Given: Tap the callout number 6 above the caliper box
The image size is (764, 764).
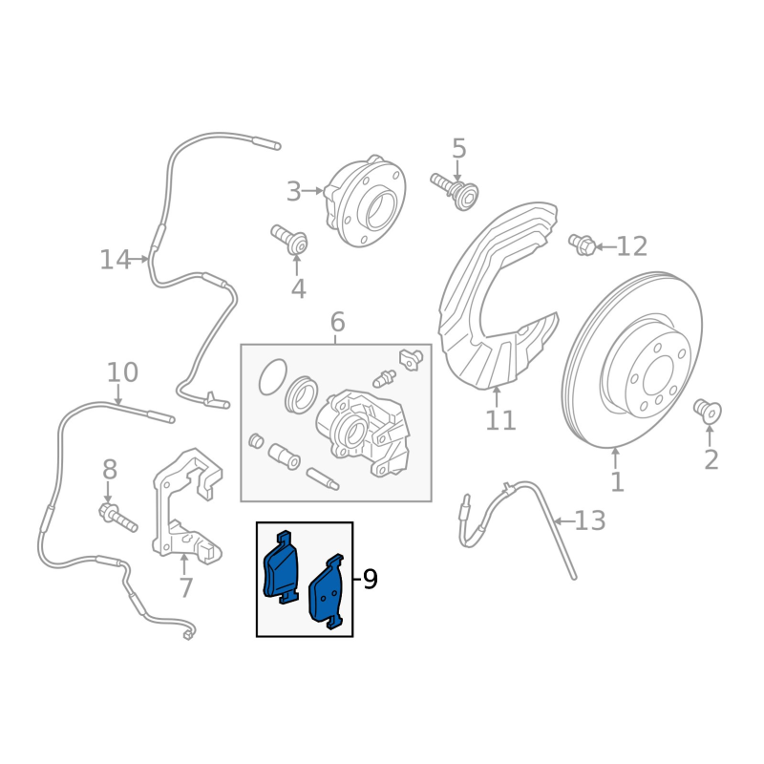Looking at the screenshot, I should click(337, 323).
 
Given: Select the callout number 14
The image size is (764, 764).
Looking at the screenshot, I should click(115, 259).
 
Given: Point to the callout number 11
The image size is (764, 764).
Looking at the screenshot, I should click(500, 420).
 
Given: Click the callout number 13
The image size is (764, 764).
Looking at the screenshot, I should click(590, 521).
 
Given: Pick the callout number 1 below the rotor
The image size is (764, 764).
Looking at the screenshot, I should click(617, 482).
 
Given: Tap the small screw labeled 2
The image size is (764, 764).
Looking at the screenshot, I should click(708, 412).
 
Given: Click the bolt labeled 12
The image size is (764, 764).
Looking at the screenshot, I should click(583, 245).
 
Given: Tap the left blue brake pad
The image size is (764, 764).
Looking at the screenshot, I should click(280, 567).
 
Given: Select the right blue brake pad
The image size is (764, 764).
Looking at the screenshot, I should click(328, 592).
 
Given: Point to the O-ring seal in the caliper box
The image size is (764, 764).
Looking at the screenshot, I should click(272, 378).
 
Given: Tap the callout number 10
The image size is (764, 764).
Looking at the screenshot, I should click(122, 372).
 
